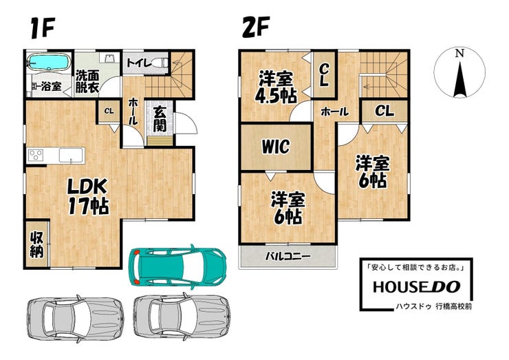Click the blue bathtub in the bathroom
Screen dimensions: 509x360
[x=48, y=61]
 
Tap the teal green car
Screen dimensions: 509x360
[x=177, y=266]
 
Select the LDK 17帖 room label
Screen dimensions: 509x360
[x=87, y=197]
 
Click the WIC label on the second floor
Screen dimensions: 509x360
[x=276, y=147]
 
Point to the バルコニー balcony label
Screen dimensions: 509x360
[x=288, y=256]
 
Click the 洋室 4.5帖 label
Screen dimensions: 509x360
[x=276, y=87]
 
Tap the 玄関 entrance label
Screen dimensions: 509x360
[x=159, y=118]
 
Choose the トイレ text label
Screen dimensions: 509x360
[x=139, y=63]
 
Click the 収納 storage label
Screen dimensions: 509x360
[x=36, y=245]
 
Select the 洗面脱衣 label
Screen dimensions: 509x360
[x=87, y=81]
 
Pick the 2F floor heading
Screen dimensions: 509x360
[x=256, y=27]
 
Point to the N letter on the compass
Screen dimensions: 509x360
[x=459, y=53]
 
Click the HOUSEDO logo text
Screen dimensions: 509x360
[x=416, y=286]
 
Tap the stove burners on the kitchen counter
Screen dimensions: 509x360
[x=36, y=155]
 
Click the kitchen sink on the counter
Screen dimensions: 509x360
[x=72, y=155]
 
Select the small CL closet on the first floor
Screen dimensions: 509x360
[x=109, y=112]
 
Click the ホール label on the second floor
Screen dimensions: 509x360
[x=335, y=112]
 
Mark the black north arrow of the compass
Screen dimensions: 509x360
[x=460, y=79]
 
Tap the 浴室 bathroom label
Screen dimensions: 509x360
[x=52, y=87]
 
